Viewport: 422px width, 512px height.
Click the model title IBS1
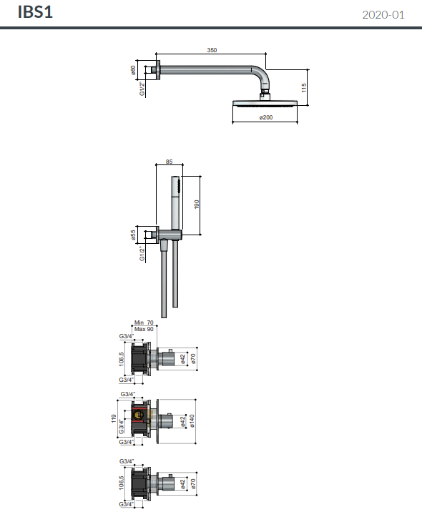pyautogui.click(x=35, y=12)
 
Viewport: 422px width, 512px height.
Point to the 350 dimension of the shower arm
pyautogui.click(x=212, y=50)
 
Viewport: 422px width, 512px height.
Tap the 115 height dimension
pyautogui.click(x=304, y=87)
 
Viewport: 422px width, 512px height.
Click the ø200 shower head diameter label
pyautogui.click(x=264, y=117)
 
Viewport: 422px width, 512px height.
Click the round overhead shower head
pyautogui.click(x=264, y=103)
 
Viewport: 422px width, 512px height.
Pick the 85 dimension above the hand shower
pyautogui.click(x=169, y=162)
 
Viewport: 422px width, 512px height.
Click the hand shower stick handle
pyautogui.click(x=176, y=203)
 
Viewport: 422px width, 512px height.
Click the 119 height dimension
pyautogui.click(x=114, y=418)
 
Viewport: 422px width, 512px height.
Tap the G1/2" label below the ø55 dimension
pyautogui.click(x=142, y=252)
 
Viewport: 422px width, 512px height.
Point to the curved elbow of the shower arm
pyautogui.click(x=262, y=73)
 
